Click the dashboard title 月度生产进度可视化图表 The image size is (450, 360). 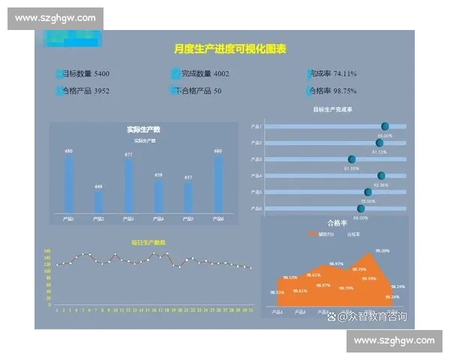230,49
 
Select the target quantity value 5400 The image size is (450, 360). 102,73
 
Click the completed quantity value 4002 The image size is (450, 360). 221,73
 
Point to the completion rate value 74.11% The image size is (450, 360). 345,73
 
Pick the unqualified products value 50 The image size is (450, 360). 217,91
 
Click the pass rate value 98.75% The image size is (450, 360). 345,91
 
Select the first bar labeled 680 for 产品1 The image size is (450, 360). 69,184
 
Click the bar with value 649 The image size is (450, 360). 99,202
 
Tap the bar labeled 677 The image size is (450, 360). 129,186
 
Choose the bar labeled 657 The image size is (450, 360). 188,197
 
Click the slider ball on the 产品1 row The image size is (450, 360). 385,126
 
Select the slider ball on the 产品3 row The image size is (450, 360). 351,159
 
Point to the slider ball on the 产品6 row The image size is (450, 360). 361,208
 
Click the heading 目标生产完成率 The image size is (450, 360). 333,109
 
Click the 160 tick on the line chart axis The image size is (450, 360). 47,251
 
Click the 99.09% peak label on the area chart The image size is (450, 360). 382,250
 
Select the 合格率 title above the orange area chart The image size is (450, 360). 337,223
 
